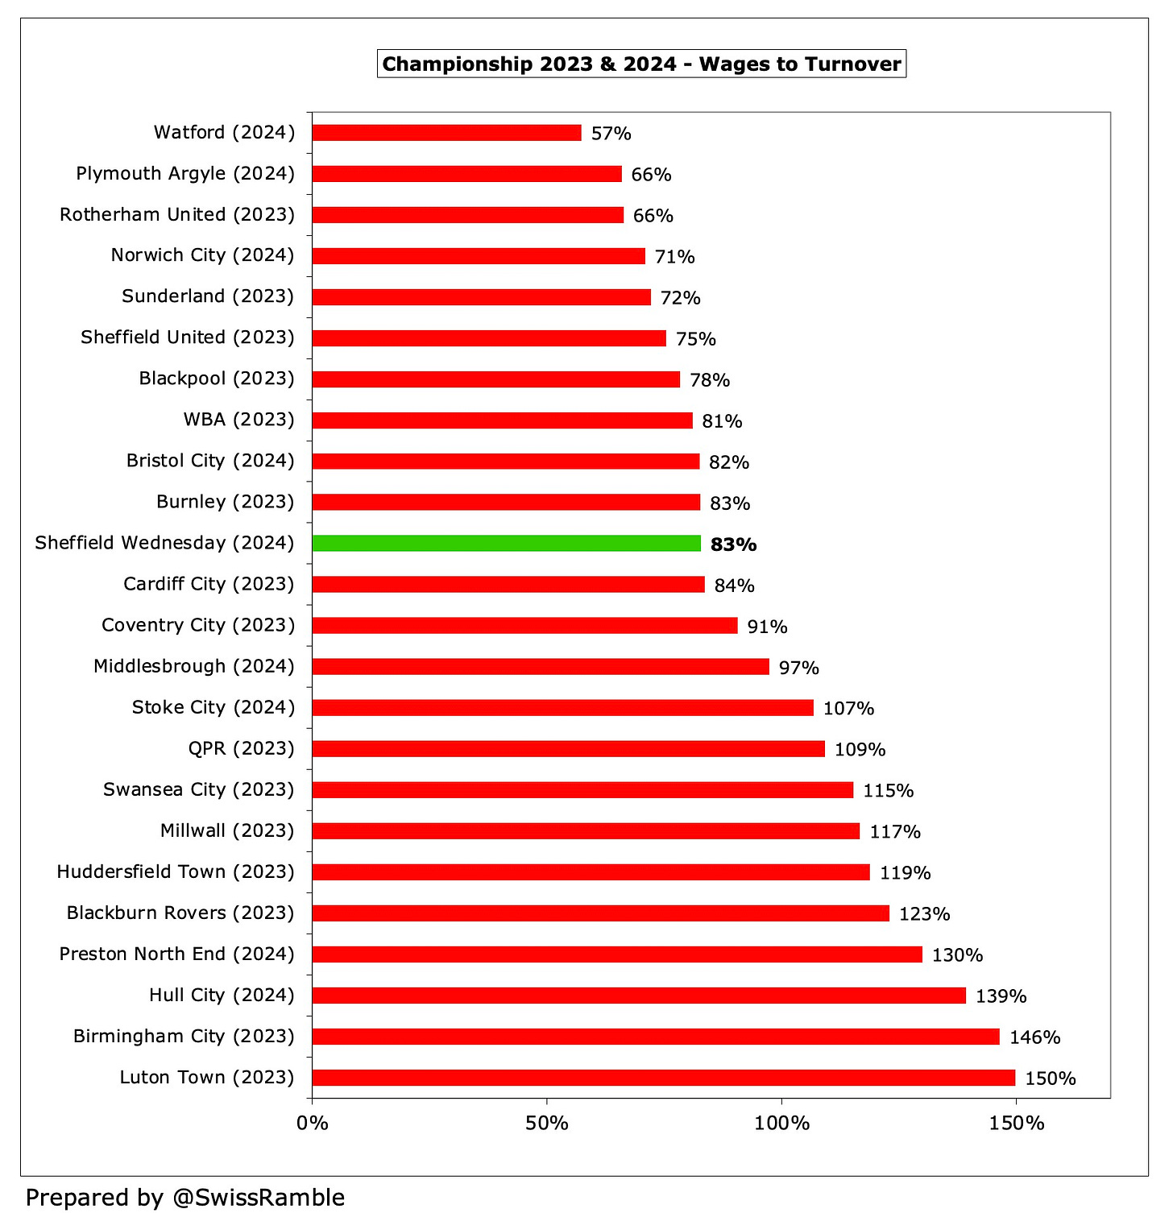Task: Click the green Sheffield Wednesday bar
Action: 506,543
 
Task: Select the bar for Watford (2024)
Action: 446,133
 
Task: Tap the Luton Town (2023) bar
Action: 663,1078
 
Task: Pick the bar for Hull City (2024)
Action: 639,996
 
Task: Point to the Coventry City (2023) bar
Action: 524,625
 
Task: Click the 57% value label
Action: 611,134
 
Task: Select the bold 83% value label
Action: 733,544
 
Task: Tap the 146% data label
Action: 1034,1037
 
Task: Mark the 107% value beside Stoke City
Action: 848,709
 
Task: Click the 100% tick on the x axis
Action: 781,1123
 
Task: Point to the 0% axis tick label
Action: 313,1123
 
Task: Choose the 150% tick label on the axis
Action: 1016,1123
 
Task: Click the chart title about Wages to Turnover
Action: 641,64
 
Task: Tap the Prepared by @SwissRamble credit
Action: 185,1198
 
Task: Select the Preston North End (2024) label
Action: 177,954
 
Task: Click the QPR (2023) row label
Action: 241,749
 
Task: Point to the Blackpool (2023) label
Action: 217,379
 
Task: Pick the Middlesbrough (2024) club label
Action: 194,666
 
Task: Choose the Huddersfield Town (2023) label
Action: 176,872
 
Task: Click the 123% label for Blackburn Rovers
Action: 924,914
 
